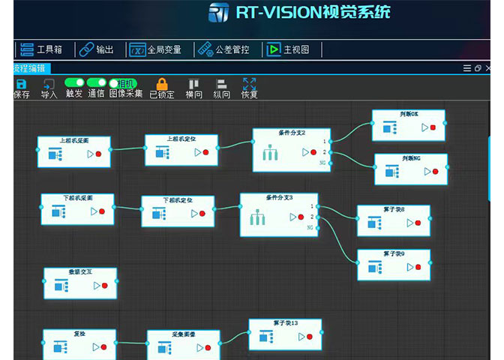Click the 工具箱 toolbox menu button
[42, 49]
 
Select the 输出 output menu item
[97, 49]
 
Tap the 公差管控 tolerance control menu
[223, 49]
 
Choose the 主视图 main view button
[286, 49]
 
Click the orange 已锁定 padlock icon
[162, 84]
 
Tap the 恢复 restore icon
[250, 84]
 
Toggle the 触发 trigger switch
[74, 82]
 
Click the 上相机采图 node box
[74, 151]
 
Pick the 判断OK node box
[409, 125]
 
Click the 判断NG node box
[411, 169]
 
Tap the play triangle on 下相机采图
[94, 211]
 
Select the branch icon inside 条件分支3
[259, 219]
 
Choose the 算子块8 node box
[394, 220]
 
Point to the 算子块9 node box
[394, 265]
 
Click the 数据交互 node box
[80, 283]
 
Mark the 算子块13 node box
[285, 334]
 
